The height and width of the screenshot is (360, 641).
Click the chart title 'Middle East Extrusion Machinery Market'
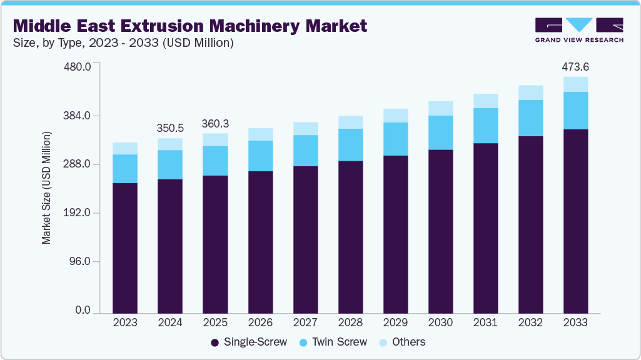tap(190, 26)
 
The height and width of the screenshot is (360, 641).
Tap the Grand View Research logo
tap(578, 29)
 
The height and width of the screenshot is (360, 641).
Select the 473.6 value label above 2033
tap(575, 67)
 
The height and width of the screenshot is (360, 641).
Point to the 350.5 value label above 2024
tap(170, 128)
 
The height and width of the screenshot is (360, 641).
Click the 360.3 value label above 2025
tap(215, 124)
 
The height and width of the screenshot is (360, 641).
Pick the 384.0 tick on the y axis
tap(78, 116)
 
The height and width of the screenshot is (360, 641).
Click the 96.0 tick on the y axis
tap(81, 261)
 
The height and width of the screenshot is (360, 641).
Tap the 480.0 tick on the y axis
tap(78, 66)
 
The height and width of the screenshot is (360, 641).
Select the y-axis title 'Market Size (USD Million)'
tap(46, 187)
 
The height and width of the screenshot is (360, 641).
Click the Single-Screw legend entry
tap(249, 342)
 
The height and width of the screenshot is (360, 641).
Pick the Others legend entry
tap(402, 342)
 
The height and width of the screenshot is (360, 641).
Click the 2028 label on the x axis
tap(350, 322)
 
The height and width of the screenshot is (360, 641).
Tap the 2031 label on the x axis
tap(485, 322)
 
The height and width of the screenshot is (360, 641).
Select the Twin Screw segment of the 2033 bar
tap(575, 111)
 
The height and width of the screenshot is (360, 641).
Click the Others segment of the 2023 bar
tap(125, 148)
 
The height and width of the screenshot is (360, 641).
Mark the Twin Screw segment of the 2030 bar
tap(440, 132)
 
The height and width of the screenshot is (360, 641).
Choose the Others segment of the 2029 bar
tap(395, 116)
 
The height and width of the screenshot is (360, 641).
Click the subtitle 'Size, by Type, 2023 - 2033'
tap(123, 43)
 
